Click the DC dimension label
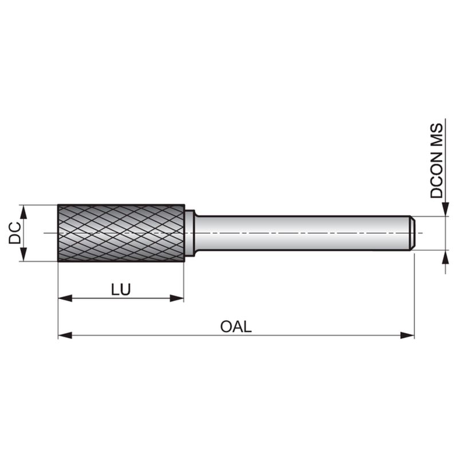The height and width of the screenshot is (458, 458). tap(15, 233)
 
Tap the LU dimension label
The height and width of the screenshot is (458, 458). tap(121, 289)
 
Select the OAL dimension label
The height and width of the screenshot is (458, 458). tap(236, 326)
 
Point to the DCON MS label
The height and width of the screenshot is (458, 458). tap(437, 161)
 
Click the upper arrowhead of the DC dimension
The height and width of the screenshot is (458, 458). tap(24, 212)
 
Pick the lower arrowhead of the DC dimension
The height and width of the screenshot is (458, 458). tap(24, 254)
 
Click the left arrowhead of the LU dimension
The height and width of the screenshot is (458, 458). tap(65, 298)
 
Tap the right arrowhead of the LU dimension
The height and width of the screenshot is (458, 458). tap(177, 298)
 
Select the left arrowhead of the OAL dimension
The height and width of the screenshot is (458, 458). tap(65, 335)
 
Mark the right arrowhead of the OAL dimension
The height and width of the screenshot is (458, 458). tap(407, 335)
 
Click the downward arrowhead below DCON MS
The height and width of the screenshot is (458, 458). tap(445, 210)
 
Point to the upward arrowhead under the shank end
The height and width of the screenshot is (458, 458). tap(445, 257)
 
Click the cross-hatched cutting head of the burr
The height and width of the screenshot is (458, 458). tap(121, 233)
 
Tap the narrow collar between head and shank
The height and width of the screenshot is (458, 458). tap(190, 233)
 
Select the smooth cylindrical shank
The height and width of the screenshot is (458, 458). tap(302, 233)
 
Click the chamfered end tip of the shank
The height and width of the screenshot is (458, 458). tap(412, 233)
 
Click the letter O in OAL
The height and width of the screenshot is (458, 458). tap(226, 326)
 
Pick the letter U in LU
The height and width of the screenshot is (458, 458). tap(125, 289)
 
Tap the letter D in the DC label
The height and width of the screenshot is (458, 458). tap(15, 239)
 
